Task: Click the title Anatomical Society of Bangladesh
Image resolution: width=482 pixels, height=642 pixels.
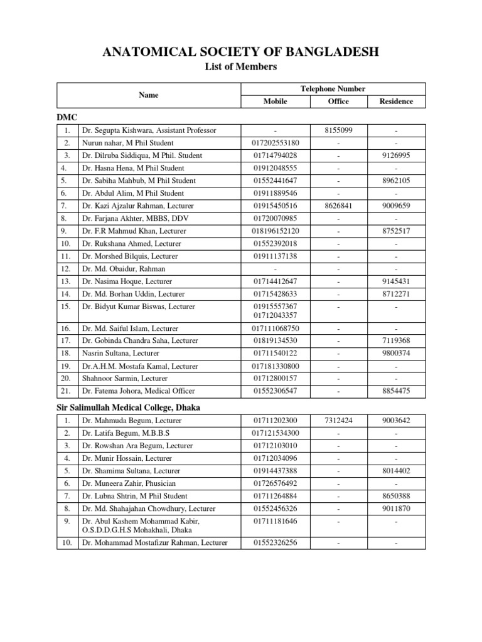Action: click(x=240, y=51)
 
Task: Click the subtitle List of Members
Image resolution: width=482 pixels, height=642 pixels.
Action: click(x=240, y=67)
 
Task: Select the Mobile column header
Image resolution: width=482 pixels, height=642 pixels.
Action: click(x=275, y=101)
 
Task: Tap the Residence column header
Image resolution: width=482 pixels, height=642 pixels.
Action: click(x=395, y=101)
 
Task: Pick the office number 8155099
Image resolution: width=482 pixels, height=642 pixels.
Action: click(x=338, y=130)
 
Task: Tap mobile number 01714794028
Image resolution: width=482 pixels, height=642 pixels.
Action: click(x=276, y=155)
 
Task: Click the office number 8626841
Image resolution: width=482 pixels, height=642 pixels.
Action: click(x=338, y=206)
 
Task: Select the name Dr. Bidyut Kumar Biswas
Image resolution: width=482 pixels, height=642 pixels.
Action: click(x=138, y=307)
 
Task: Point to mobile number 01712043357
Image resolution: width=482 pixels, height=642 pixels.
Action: click(x=276, y=315)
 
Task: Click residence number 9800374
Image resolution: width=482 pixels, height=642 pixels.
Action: click(x=395, y=353)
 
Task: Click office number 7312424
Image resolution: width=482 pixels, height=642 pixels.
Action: click(x=338, y=420)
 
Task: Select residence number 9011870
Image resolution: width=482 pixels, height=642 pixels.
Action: click(x=395, y=508)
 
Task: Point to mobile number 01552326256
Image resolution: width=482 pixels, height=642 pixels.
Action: click(x=276, y=542)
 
